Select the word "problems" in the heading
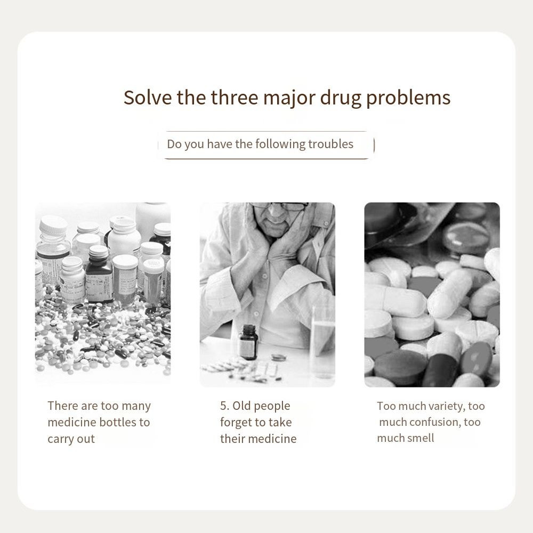click(x=408, y=99)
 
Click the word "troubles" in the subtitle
click(x=331, y=144)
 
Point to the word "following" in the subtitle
click(x=280, y=144)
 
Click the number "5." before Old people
click(x=225, y=406)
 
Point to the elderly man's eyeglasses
click(x=280, y=206)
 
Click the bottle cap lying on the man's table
click(x=278, y=357)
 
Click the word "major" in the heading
click(x=289, y=99)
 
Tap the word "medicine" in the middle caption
click(x=276, y=439)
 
